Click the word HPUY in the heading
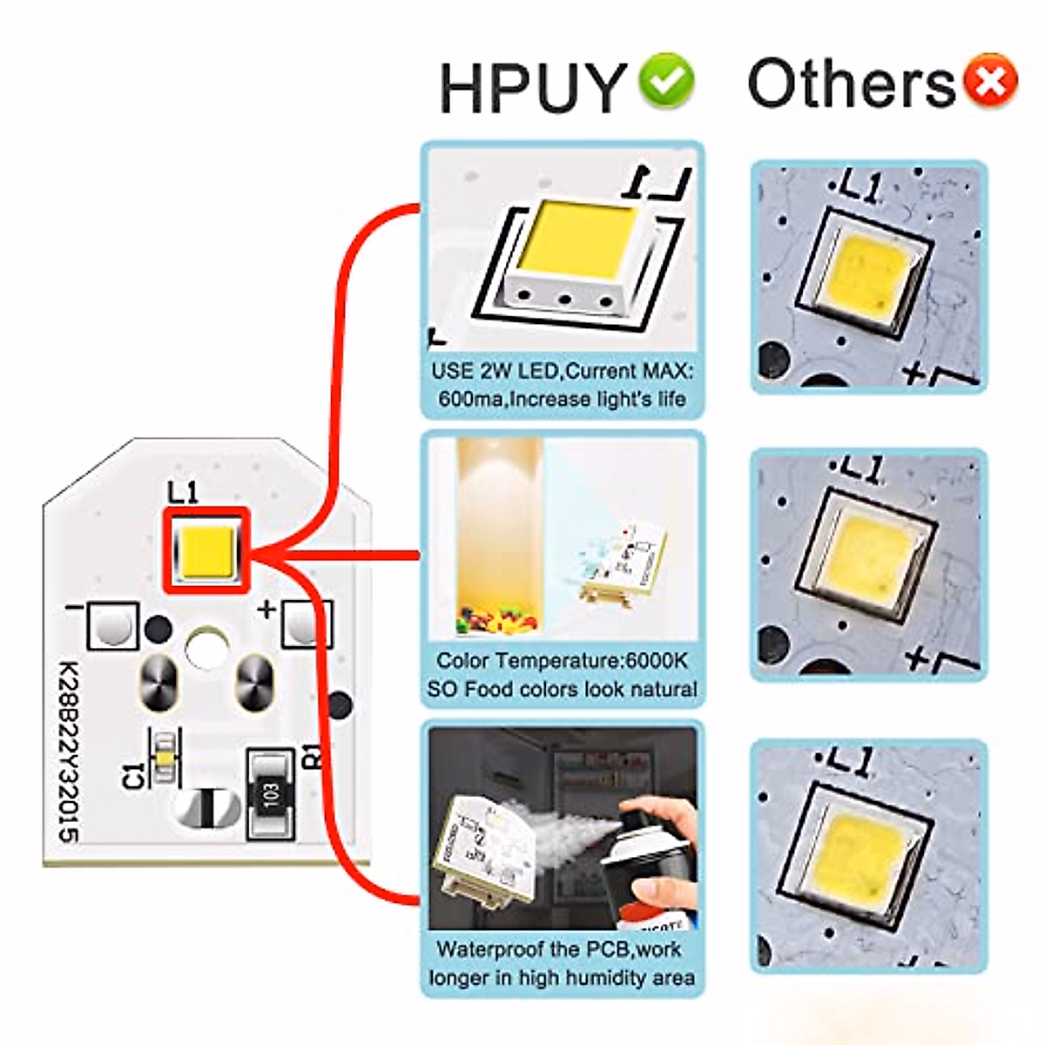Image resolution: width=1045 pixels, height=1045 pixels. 533,86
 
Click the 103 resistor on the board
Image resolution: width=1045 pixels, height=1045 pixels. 271,794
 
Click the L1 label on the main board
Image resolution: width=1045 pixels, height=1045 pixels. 183,493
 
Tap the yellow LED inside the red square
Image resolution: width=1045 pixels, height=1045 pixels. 206,551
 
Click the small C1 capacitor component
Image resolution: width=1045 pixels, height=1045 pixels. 162,757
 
